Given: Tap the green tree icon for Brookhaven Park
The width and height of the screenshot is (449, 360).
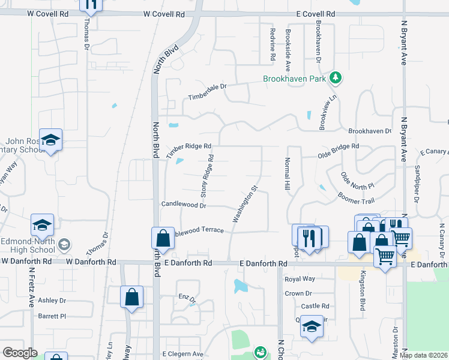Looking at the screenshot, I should (x=336, y=77).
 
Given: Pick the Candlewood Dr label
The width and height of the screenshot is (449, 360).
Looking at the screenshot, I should (x=184, y=205).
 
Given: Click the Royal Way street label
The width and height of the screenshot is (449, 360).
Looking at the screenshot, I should (x=300, y=279).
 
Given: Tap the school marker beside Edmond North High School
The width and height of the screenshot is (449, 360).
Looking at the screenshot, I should (x=42, y=226).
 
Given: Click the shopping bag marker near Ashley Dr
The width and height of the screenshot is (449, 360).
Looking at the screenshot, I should (x=131, y=297).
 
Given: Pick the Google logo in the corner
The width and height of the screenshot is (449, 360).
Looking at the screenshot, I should (x=20, y=353).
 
